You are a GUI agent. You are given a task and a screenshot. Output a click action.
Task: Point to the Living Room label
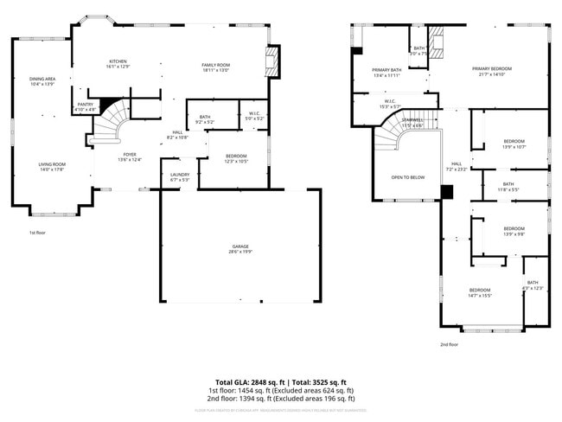pos(52,167)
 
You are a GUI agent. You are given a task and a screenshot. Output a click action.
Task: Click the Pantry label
pos(85,107)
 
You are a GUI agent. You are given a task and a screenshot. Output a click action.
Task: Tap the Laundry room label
pos(180,177)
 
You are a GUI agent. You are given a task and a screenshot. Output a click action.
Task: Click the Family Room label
pos(216,67)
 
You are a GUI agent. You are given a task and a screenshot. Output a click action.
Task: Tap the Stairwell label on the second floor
pos(412,123)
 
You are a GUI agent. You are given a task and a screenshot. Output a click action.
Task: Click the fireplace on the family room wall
pos(274,61)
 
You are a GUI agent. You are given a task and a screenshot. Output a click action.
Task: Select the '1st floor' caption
pos(37,233)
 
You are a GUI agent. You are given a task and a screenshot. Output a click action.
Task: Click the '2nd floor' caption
pos(449,344)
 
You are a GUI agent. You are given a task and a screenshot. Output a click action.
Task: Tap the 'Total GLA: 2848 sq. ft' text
pos(249,381)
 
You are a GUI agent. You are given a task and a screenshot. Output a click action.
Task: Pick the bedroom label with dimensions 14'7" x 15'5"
pos(480,292)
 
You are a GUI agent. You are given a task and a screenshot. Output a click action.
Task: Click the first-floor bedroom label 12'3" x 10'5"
pos(237,159)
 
